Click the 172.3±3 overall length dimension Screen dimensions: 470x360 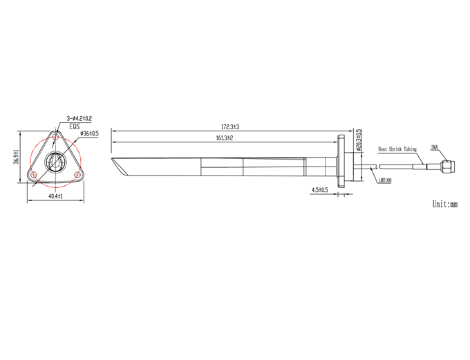(230, 126)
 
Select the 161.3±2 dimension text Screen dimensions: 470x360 (225, 138)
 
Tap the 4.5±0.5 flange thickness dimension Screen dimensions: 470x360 (320, 190)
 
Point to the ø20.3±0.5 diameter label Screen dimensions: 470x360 (359, 140)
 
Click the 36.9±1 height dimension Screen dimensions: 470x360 (16, 156)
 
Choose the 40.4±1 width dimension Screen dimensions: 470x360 (55, 196)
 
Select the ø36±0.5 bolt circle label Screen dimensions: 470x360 (89, 133)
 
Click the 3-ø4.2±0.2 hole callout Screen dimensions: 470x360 (79, 118)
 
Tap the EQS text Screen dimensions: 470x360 (75, 126)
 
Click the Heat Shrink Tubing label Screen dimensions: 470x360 (397, 149)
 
